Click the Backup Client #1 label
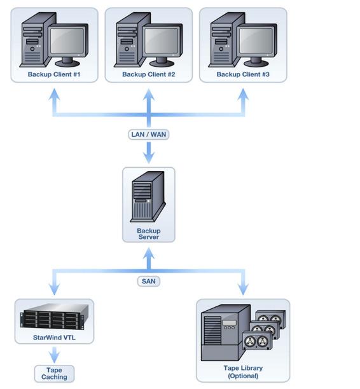(x=54, y=74)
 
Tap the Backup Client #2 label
(x=149, y=74)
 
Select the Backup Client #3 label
(x=243, y=74)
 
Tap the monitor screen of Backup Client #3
(x=256, y=41)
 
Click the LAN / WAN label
(x=149, y=135)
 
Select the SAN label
(x=149, y=281)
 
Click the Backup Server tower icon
(x=148, y=196)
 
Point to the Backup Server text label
(x=149, y=234)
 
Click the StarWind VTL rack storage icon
(x=54, y=317)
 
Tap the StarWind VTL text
(x=54, y=338)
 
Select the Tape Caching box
(x=54, y=374)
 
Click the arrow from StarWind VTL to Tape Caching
(x=54, y=355)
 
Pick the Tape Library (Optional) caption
(x=243, y=372)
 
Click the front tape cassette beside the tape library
(x=257, y=341)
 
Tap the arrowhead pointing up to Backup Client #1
(x=54, y=94)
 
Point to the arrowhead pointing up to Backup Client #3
(x=243, y=94)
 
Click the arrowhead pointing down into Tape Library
(x=243, y=289)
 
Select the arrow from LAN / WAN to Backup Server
(x=149, y=153)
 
